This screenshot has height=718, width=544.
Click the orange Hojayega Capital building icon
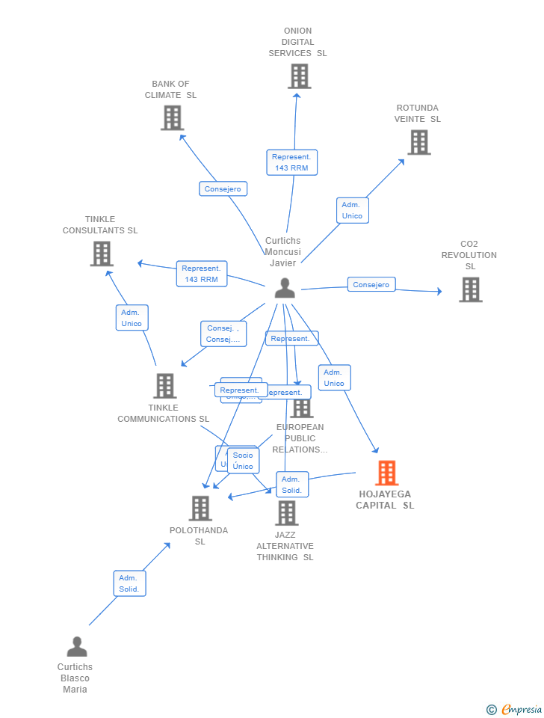click(386, 473)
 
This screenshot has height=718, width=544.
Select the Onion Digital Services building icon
click(299, 76)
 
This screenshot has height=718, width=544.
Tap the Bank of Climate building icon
click(172, 117)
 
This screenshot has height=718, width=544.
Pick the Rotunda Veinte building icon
click(418, 142)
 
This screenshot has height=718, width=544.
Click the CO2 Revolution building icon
click(470, 289)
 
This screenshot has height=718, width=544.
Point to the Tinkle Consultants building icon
click(102, 254)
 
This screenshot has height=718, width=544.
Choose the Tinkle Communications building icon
click(164, 386)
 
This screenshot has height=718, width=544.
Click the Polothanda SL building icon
click(200, 509)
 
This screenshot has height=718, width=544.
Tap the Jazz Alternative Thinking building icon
click(286, 513)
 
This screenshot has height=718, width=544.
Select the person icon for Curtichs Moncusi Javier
click(284, 288)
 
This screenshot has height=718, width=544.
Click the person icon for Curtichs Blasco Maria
click(76, 647)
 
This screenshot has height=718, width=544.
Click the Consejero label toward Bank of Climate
click(223, 189)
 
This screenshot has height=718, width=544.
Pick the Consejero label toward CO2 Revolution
click(371, 285)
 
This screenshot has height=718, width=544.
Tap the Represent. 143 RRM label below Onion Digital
click(291, 162)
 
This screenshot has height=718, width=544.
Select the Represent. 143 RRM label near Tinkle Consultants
click(202, 274)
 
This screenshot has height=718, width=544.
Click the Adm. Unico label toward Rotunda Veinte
click(352, 210)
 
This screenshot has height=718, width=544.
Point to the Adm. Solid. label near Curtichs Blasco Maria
click(129, 583)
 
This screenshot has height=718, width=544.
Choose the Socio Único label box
click(243, 461)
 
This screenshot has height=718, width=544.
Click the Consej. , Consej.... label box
click(223, 334)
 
